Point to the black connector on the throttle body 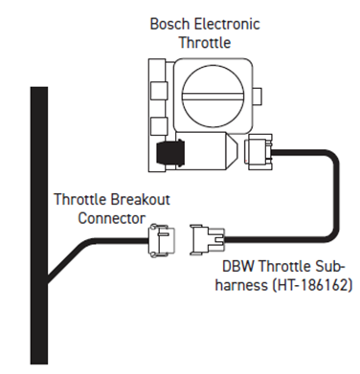pyautogui.click(x=174, y=154)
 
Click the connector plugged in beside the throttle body pyautogui.click(x=260, y=151)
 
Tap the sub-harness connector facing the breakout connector pyautogui.click(x=207, y=236)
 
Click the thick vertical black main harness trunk pyautogui.click(x=39, y=230)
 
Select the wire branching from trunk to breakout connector pyautogui.click(x=96, y=251)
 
